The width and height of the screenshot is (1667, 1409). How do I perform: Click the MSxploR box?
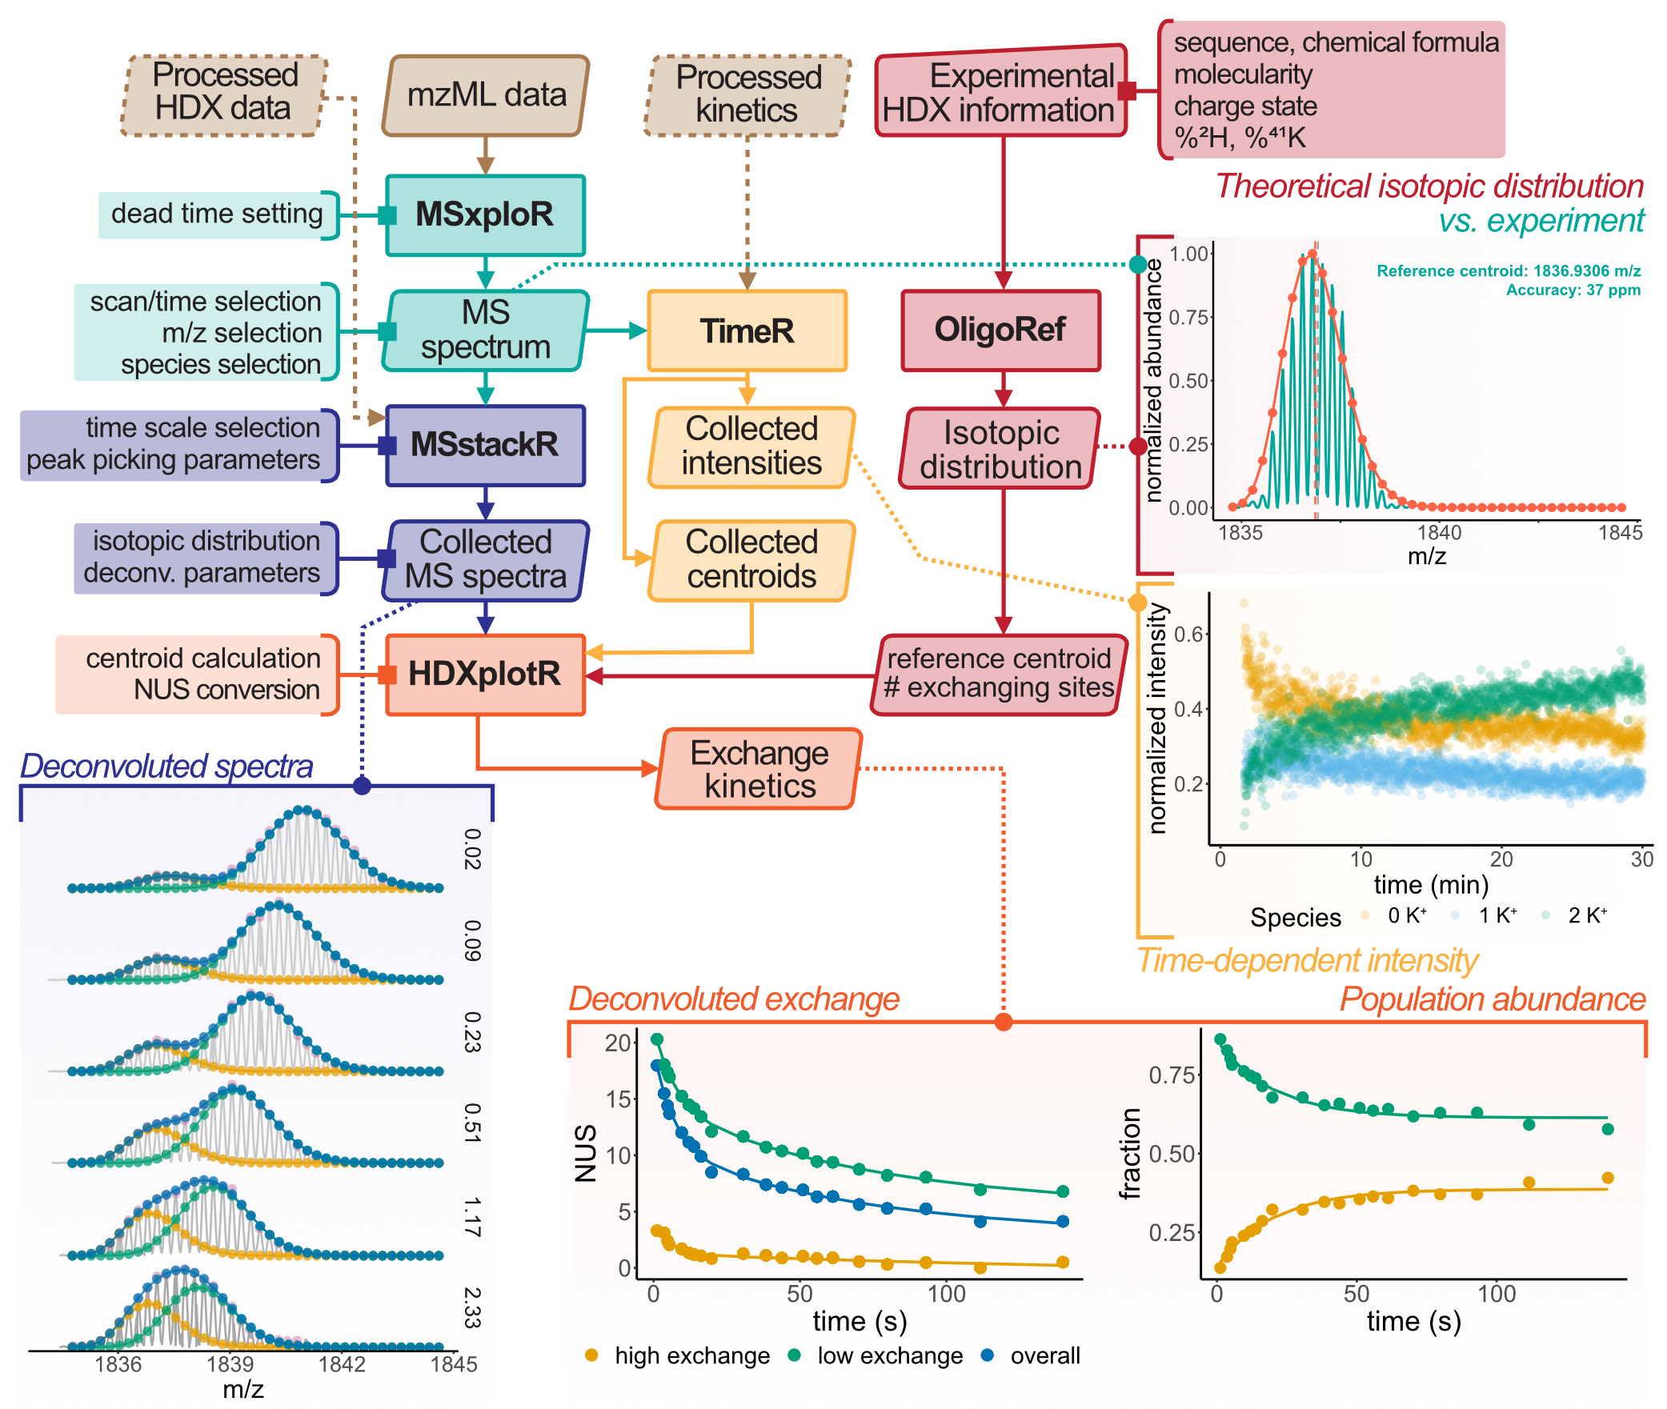pyautogui.click(x=485, y=215)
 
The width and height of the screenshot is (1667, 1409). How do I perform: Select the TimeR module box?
pyautogui.click(x=747, y=330)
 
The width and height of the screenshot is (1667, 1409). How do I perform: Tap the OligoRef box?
pyautogui.click(x=1000, y=330)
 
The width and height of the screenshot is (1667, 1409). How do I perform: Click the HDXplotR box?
pyautogui.click(x=485, y=674)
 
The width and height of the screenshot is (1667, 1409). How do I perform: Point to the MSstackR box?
pyautogui.click(x=485, y=445)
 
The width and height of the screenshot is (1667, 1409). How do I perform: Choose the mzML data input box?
pyautogui.click(x=486, y=95)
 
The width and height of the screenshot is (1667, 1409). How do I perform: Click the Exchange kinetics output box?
pyautogui.click(x=759, y=769)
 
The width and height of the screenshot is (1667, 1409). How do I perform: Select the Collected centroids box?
pyautogui.click(x=751, y=560)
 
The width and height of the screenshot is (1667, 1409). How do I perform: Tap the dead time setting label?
pyautogui.click(x=217, y=214)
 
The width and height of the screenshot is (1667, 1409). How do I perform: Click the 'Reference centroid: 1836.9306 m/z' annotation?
pyautogui.click(x=1508, y=271)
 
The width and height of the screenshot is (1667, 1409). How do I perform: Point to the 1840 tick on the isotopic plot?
pyautogui.click(x=1439, y=532)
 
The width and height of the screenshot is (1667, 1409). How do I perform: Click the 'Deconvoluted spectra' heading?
pyautogui.click(x=166, y=766)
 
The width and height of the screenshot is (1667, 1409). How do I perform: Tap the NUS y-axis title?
pyautogui.click(x=586, y=1154)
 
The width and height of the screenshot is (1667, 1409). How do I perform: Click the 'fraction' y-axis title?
pyautogui.click(x=1129, y=1154)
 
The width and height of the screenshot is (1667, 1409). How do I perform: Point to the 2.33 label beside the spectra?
pyautogui.click(x=472, y=1307)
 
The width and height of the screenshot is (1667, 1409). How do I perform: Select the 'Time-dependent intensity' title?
pyautogui.click(x=1307, y=960)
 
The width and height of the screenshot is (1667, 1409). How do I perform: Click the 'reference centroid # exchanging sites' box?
pyautogui.click(x=998, y=674)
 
